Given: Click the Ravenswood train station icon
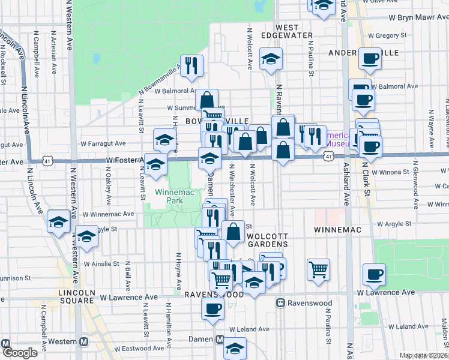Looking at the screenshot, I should pos(280,303).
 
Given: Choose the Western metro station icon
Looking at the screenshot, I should pos(83,341).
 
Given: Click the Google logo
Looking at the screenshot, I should pos(19,353).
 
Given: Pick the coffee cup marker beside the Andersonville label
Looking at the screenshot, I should pos(370,58).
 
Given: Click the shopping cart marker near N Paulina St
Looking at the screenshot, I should pos(318,268).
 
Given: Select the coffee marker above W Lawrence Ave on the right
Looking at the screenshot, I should pos(375,274).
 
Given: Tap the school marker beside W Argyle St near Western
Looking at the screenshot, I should pos(86,236).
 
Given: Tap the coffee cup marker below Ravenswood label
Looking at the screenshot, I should pos(212,308).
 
